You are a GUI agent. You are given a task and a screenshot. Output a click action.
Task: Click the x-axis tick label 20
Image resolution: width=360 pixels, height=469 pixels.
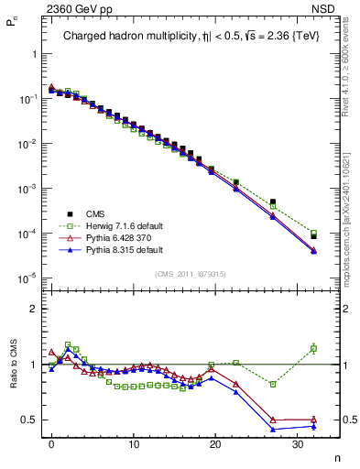(215, 444)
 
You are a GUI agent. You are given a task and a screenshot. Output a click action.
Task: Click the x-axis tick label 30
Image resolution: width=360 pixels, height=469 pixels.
(297, 444)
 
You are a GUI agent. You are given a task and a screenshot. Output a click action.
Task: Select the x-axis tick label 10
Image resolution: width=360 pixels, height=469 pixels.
(134, 444)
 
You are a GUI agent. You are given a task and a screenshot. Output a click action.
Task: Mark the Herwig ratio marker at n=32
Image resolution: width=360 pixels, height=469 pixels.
(313, 348)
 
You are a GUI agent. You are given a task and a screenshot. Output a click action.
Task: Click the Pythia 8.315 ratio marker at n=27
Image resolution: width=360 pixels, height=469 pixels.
(273, 429)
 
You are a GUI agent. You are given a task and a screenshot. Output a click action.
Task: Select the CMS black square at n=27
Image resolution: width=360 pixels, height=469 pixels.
(273, 202)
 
